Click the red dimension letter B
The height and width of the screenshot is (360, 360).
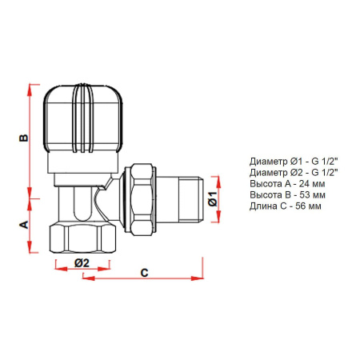click(x=24, y=138)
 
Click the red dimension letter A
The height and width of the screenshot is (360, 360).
click(x=24, y=224)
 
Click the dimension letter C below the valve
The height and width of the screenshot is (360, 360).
click(x=144, y=272)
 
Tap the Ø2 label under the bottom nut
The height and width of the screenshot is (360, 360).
click(x=81, y=262)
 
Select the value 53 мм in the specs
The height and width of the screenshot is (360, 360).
click(x=302, y=194)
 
